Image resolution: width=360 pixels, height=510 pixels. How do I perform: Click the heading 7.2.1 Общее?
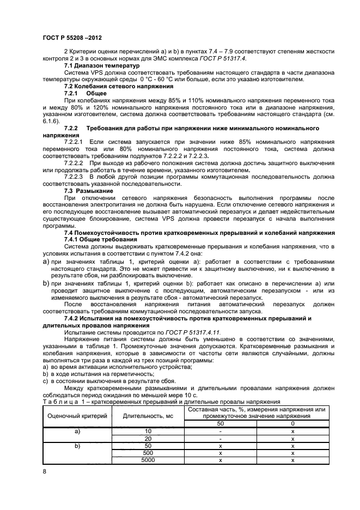tap(86, 94)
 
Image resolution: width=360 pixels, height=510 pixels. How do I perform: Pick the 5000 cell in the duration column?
tap(148, 460)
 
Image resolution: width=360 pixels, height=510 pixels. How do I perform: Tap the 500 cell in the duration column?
tap(148, 453)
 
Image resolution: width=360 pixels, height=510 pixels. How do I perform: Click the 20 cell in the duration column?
tap(148, 438)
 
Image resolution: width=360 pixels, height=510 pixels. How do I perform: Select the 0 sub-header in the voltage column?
tap(293, 423)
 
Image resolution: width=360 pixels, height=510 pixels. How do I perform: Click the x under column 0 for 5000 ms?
tap(293, 460)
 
